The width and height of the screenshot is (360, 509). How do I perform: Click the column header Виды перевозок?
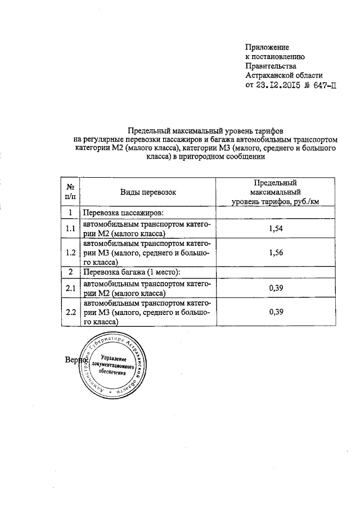[148, 192]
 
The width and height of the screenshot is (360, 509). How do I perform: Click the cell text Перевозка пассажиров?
[123, 213]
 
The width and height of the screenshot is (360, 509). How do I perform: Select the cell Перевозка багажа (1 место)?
[132, 272]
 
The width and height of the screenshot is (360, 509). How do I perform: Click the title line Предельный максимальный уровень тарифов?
[206, 129]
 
